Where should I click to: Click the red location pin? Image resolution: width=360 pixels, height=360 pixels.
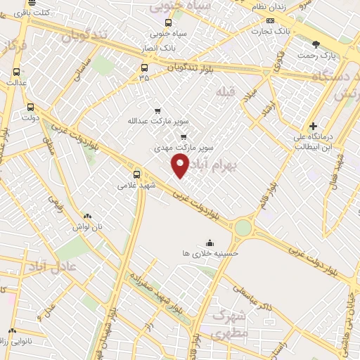181,166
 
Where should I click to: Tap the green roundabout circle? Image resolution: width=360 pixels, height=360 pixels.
243,228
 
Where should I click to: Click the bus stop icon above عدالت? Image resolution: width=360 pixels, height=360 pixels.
16,72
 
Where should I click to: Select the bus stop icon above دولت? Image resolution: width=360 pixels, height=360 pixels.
30,108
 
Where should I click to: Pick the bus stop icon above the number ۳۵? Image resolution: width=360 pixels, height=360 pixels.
144,68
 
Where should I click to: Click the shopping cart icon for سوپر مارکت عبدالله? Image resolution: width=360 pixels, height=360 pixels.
157,110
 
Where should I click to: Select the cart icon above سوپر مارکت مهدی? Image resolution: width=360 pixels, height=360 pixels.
184,138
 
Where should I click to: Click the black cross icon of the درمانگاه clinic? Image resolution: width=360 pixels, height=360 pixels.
313,126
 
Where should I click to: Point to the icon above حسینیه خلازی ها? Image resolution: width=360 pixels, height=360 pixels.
209,243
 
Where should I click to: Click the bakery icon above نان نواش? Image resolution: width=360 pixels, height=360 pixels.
87,217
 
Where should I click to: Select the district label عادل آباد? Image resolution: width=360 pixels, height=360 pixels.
52,266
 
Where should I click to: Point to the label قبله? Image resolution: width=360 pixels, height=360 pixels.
224,92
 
